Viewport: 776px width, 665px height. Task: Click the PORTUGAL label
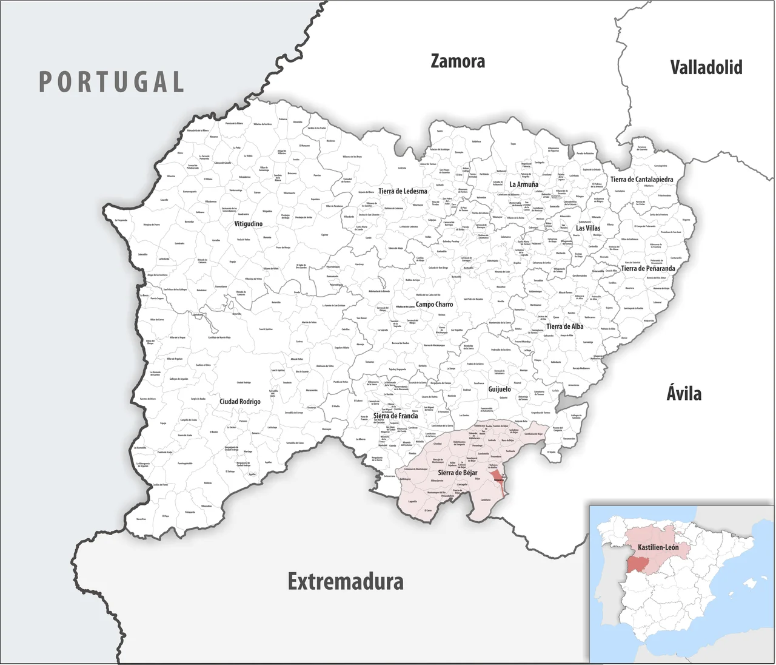tap(112, 82)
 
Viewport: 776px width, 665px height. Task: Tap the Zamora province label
tap(458, 61)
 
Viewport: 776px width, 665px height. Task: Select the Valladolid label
tap(706, 67)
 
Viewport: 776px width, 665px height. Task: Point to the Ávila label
tap(684, 393)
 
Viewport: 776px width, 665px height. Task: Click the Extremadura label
tap(346, 581)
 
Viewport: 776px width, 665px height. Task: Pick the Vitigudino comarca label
tap(249, 224)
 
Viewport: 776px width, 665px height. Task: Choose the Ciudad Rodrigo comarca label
tap(240, 402)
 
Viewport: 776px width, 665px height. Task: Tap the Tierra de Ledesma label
tap(403, 191)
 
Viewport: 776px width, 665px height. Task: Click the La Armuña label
tap(524, 184)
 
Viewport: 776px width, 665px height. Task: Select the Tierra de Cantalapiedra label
tap(641, 180)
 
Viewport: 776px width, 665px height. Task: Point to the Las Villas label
tap(588, 228)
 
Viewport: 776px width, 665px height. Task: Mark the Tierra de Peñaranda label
tap(647, 268)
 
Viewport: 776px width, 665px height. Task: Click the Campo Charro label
tap(434, 305)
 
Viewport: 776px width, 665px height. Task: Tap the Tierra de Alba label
tap(564, 326)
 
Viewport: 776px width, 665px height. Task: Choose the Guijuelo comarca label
tap(500, 390)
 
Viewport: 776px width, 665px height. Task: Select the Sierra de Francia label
tap(395, 416)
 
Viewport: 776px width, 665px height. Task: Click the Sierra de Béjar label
tap(458, 473)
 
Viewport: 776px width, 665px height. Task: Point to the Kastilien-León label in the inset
tap(658, 547)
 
